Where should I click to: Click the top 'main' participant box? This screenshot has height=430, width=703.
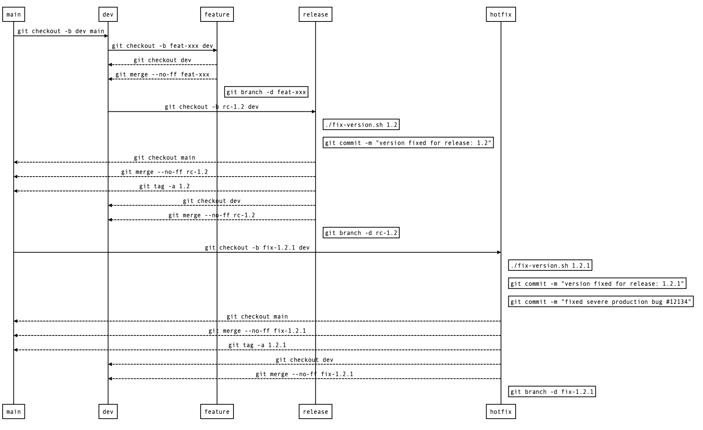pos(14,15)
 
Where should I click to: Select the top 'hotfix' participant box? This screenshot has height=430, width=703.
pos(500,15)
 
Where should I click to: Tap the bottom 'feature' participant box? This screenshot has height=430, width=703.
pos(217,412)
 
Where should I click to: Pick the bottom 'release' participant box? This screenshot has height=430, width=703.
pos(315,412)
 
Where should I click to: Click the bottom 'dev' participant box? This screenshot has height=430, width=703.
pos(108,412)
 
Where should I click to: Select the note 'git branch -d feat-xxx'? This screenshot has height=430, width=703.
pos(266,92)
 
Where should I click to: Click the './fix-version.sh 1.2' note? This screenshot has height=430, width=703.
pos(361,125)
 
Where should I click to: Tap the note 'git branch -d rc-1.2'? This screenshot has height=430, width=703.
pos(361,233)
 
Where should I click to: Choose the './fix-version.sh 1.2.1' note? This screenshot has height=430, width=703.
pos(550,265)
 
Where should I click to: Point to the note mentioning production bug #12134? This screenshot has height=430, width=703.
pos(600,302)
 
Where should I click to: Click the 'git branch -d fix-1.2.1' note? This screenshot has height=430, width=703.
pos(552,392)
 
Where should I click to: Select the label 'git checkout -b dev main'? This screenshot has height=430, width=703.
pos(61,31)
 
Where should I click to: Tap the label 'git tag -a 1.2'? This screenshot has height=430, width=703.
pos(164,186)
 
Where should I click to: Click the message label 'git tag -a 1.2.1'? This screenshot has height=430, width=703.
pos(257,345)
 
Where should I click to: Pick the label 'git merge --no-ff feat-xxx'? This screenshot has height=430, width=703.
pos(162,75)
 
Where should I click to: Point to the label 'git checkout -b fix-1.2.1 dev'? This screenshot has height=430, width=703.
pos(257,248)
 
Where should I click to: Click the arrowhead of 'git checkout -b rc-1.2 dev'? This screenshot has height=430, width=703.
pos(313,112)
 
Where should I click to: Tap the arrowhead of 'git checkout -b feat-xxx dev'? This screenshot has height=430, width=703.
pos(215,50)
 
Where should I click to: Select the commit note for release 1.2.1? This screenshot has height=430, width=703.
pos(597,284)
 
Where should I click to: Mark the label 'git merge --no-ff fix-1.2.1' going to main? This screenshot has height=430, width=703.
pos(257,331)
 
